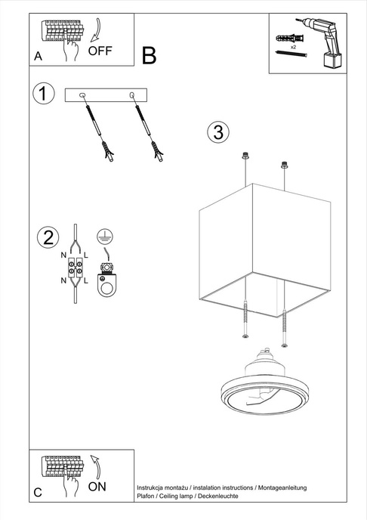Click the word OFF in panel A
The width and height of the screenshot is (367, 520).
[100, 51]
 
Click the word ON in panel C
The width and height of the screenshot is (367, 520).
[97, 487]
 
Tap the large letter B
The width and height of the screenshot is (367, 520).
[149, 55]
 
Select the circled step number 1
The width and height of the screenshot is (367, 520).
[45, 94]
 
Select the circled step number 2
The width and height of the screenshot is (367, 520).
[48, 237]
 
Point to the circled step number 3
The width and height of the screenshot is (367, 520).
[217, 132]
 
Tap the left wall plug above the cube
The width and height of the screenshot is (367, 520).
[245, 157]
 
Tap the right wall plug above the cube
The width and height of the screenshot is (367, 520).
[285, 162]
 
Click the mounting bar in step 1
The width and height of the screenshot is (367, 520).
[108, 95]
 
